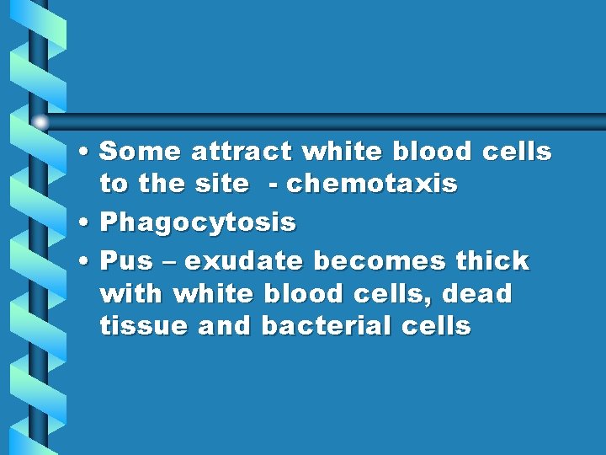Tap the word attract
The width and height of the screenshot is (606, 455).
tap(242, 152)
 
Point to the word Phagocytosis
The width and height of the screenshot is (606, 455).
tap(198, 222)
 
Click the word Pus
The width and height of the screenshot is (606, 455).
tap(125, 261)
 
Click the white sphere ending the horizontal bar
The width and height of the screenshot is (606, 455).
tap(41, 121)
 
